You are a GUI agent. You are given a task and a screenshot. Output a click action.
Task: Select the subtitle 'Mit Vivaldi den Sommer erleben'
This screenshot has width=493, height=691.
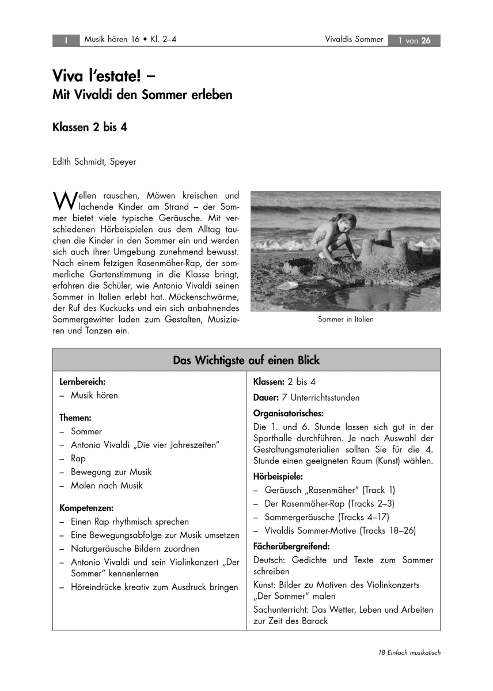point(142,95)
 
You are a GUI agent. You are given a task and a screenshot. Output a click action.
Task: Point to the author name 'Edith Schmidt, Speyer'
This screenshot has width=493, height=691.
point(94,162)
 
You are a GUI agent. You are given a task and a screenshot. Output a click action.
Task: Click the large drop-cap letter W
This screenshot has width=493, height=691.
point(62,200)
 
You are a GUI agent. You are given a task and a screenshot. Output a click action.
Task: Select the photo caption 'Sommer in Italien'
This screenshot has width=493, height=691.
point(346,320)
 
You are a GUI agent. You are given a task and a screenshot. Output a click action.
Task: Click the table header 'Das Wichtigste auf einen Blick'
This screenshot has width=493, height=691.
point(246,360)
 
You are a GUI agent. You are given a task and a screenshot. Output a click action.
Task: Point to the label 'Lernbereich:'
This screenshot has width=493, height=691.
point(83,382)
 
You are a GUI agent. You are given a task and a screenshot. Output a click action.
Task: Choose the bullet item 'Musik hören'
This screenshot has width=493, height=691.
point(94,396)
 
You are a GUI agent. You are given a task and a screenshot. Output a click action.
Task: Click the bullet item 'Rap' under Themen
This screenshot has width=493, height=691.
point(78,458)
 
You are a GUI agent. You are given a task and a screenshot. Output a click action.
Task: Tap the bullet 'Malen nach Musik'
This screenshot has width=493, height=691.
point(107,485)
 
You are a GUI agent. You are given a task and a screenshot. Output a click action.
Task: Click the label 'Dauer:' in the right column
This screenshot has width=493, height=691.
point(266,397)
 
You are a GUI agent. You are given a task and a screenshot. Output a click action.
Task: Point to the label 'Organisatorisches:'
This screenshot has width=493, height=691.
point(288,413)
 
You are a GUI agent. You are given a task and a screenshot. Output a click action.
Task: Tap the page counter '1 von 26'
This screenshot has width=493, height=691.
point(414,40)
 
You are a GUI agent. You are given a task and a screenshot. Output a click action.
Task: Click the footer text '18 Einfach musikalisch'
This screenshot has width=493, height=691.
point(410,653)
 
